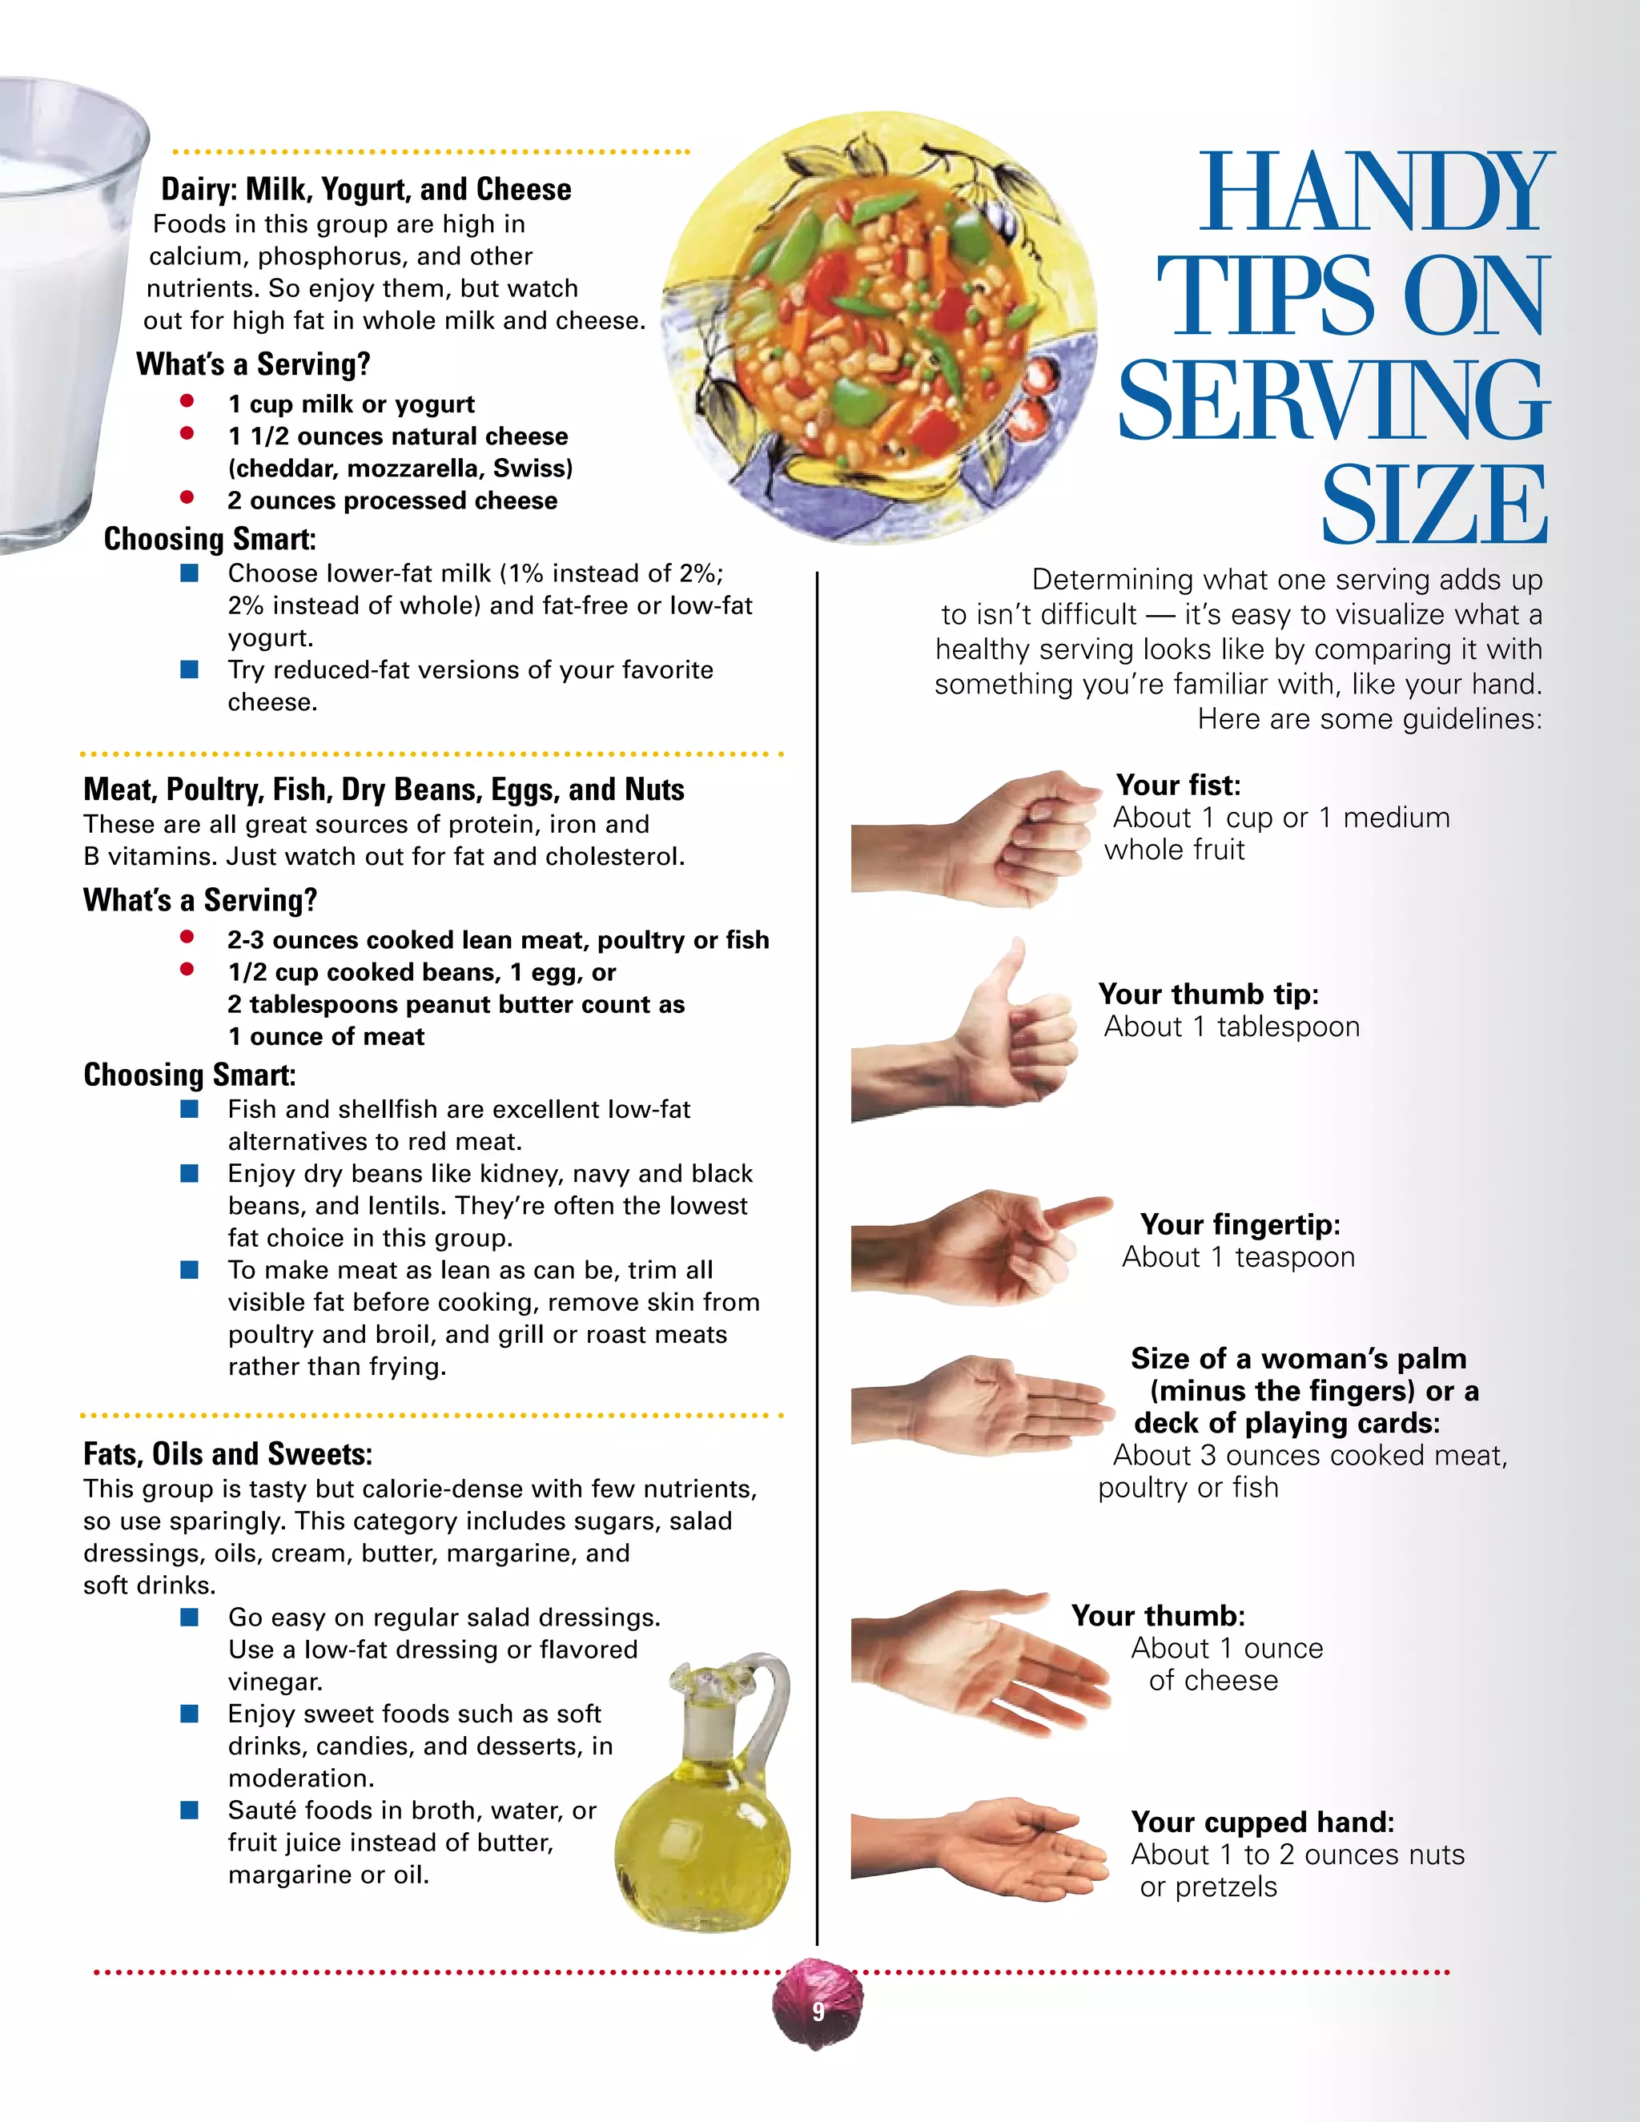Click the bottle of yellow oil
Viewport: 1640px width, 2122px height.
pos(701,1798)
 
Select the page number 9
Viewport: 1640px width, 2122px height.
pos(818,2010)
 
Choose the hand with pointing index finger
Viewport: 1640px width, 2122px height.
pos(981,1244)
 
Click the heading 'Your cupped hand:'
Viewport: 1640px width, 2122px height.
pos(1262,1822)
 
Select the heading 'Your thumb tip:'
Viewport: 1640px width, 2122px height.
pos(1208,994)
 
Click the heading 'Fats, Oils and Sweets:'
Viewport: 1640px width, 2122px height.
pos(227,1453)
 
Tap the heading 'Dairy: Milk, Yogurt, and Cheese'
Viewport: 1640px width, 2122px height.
pos(366,190)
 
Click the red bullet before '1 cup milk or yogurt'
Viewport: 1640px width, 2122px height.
pos(187,401)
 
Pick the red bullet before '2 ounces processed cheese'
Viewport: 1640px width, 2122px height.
pos(187,497)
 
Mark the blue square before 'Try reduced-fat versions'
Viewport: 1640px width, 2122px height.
pos(190,669)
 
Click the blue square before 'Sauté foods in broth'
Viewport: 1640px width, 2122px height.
pos(190,1809)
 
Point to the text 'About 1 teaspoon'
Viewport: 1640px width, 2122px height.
pos(1238,1257)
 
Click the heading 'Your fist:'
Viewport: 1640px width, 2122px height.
pos(1177,785)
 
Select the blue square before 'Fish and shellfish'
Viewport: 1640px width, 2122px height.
pos(190,1108)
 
